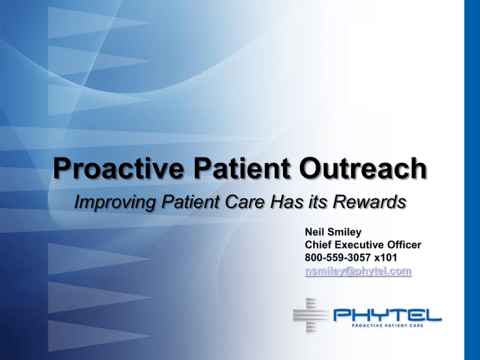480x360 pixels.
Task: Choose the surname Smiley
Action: click(339, 233)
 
